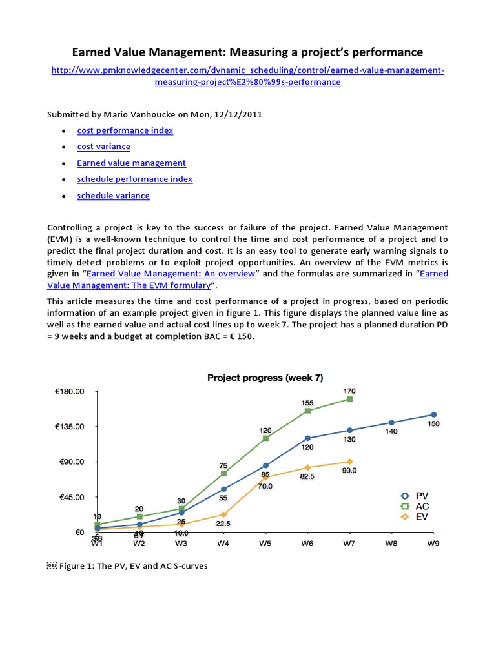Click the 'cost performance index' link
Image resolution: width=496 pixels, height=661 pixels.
[125, 130]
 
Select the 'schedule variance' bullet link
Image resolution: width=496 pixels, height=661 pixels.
[113, 196]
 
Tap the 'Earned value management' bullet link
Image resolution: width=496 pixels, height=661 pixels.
[131, 163]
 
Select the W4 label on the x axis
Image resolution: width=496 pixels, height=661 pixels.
[223, 544]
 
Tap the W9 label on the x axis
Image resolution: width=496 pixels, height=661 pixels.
[433, 544]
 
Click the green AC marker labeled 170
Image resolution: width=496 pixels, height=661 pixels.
[349, 399]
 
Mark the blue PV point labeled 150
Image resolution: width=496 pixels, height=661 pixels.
[433, 414]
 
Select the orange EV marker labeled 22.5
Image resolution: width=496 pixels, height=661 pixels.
[223, 514]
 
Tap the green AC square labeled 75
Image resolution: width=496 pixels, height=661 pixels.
[223, 473]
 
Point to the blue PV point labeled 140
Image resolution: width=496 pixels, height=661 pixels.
[391, 422]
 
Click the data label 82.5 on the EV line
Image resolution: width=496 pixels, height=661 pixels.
[307, 476]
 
